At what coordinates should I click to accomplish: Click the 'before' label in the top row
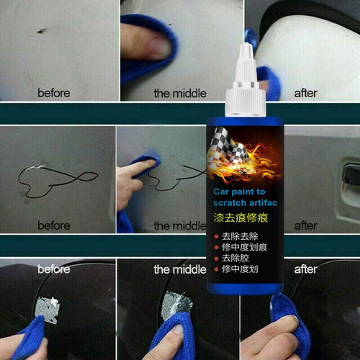click(x=54, y=93)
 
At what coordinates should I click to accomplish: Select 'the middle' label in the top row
click(x=180, y=93)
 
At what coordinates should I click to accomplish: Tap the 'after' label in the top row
click(x=305, y=93)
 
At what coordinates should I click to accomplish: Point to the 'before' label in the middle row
click(x=54, y=226)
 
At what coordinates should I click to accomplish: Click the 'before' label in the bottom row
click(x=54, y=269)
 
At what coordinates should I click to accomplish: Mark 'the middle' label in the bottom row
click(x=180, y=270)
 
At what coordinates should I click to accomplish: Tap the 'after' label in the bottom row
click(x=305, y=270)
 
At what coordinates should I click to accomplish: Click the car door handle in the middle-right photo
click(x=349, y=174)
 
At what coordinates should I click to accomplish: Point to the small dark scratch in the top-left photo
click(x=42, y=31)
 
